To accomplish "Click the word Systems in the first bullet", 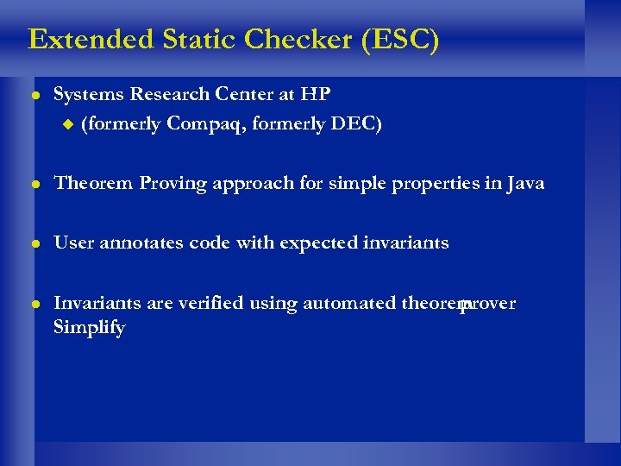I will pos(89,93).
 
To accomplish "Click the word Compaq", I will pos(204,124).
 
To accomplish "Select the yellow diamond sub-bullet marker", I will pos(70,124).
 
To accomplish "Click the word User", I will pos(73,242).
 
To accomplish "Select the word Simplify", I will pos(90,328).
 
